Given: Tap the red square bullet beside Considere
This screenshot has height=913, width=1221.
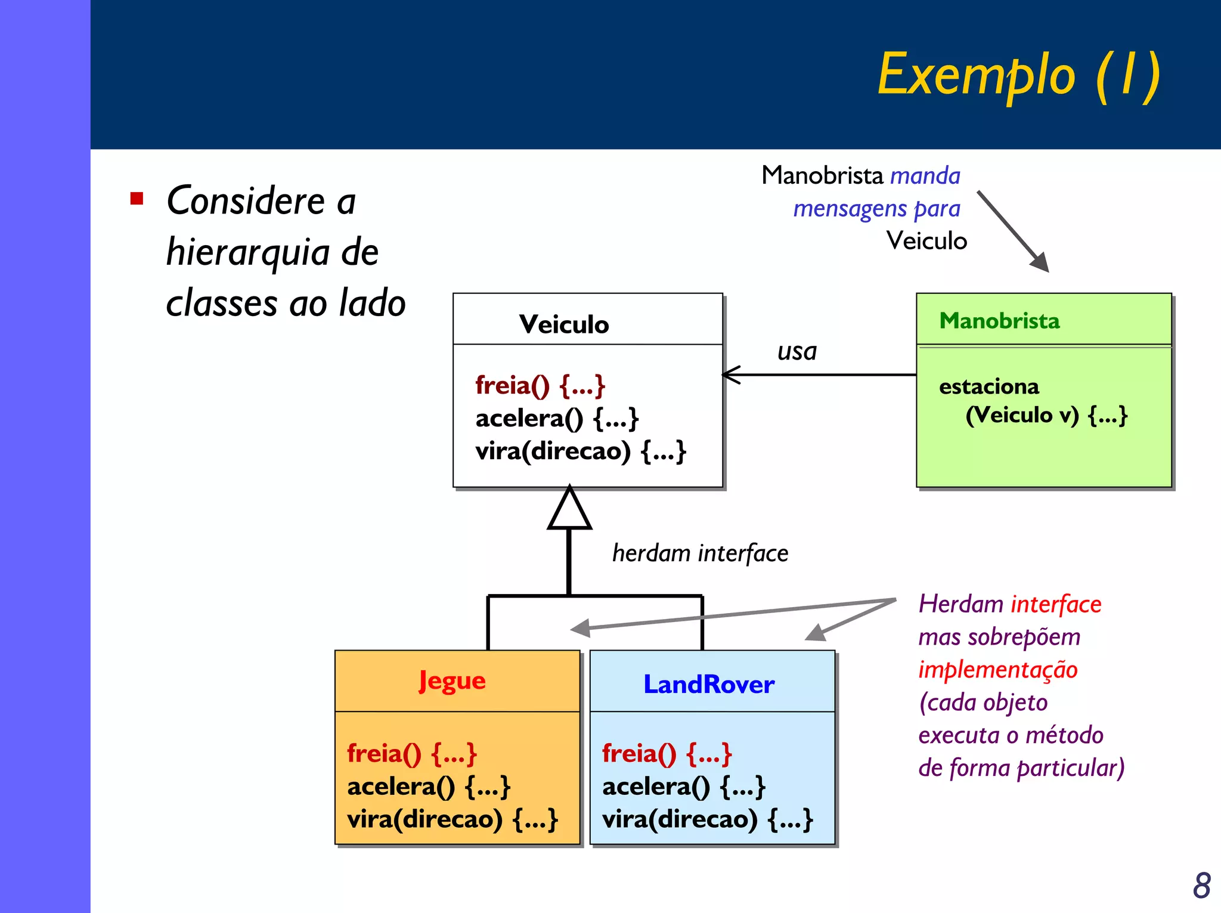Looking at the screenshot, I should coord(137,199).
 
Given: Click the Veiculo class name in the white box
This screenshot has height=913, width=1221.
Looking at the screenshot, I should coord(564,324).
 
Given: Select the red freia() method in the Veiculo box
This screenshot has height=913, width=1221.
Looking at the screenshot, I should coord(540,386).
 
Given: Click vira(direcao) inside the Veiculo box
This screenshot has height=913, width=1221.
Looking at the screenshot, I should coord(581,451).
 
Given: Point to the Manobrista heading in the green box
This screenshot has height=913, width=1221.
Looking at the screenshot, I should coord(999,321).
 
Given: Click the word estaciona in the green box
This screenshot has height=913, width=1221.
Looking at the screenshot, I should coord(989,386).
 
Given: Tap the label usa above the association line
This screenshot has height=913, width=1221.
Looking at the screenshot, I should coord(797,351).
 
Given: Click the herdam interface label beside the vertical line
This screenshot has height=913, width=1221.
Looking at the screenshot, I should coord(700,553).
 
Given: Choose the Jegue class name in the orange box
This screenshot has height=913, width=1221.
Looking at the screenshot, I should coord(452,681).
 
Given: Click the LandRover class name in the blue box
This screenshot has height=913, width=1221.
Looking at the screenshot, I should coord(709,684).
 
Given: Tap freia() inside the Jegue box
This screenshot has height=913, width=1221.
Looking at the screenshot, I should coord(412,754).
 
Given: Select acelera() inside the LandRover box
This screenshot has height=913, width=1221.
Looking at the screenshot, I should coord(683,787).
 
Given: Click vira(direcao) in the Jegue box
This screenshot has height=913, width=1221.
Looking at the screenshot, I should coord(452,819).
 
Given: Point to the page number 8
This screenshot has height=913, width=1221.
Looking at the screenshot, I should coord(1201,886).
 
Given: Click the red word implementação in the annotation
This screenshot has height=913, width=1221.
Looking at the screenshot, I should coord(997,670).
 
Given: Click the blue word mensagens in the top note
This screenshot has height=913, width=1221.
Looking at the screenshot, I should coord(850,209).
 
